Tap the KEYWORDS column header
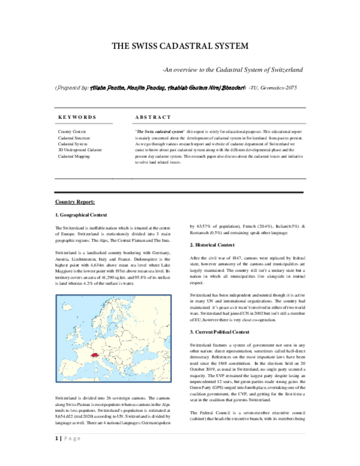pos(77,116)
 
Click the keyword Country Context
pos(72,131)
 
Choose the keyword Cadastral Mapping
pos(74,157)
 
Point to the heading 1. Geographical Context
pos(82,214)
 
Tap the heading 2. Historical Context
pos(212,245)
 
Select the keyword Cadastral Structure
pos(74,138)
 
